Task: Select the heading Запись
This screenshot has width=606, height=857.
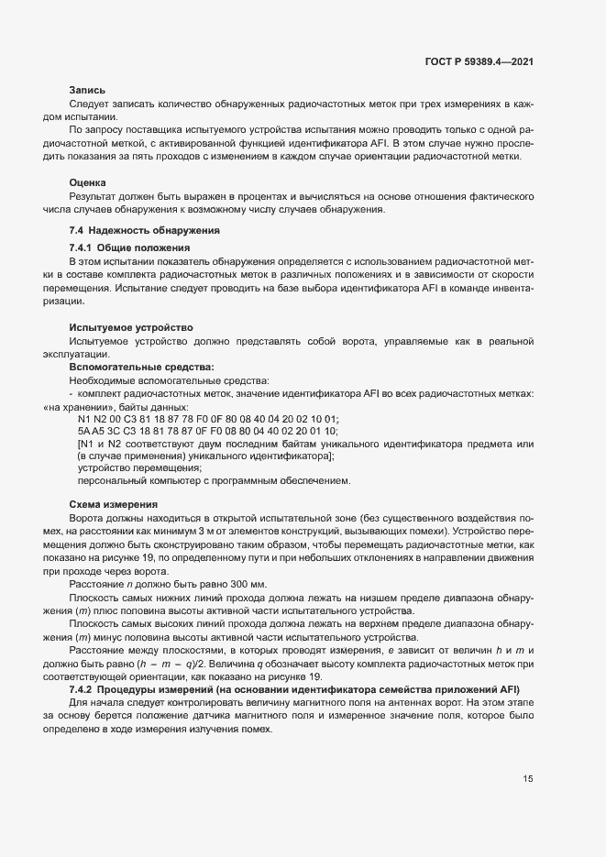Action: tap(87, 91)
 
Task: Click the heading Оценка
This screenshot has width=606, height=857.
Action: tap(87, 183)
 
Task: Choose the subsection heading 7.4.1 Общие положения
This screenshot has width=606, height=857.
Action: tap(129, 248)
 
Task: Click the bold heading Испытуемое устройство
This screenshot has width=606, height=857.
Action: tap(130, 328)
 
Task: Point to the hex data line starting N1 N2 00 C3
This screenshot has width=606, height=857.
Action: tap(208, 419)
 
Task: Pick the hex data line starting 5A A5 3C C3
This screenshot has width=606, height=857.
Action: tap(208, 431)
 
